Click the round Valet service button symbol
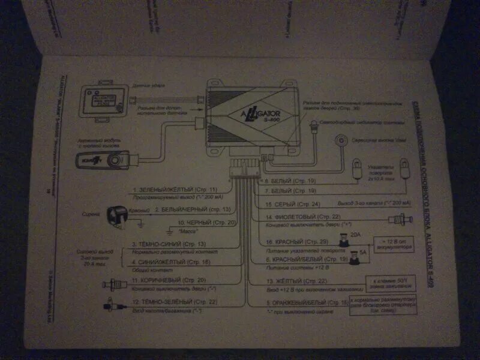[343, 140]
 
